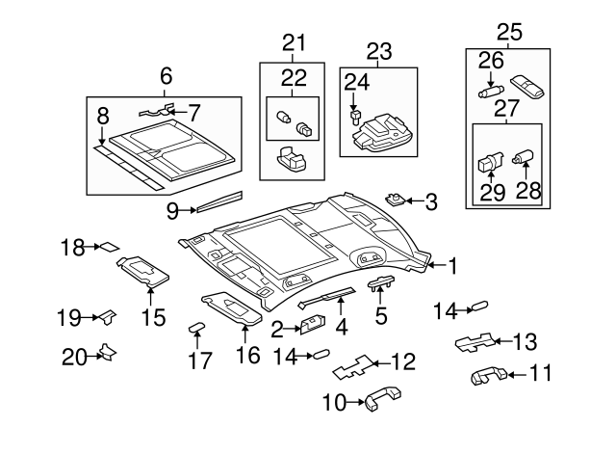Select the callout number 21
click(293, 41)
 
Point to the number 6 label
click(166, 74)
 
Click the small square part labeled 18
click(110, 247)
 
